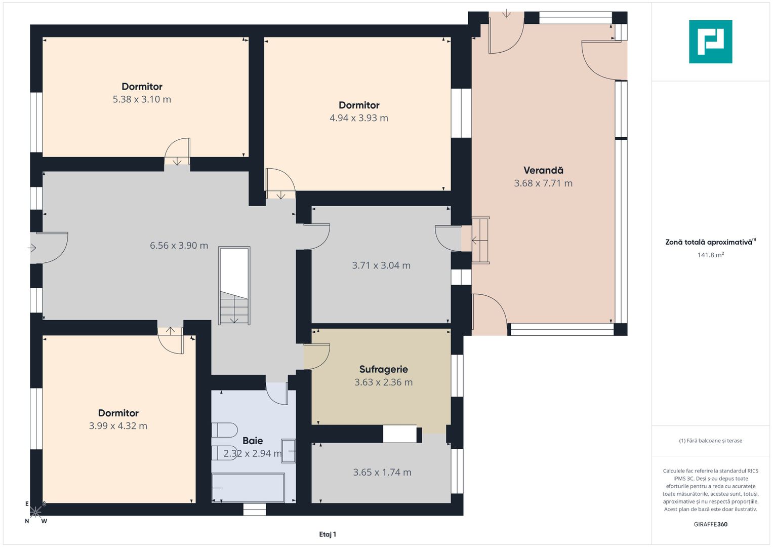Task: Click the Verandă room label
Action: (543, 170)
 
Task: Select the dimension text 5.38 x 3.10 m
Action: (142, 100)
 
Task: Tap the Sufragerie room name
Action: (383, 369)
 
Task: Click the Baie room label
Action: (253, 441)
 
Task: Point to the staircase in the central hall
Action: (234, 286)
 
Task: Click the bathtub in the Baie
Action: (248, 487)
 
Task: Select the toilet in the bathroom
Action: (224, 430)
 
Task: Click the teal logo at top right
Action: (710, 42)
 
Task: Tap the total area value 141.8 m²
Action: (710, 255)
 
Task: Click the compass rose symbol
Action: (35, 512)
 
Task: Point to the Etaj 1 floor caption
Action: (328, 534)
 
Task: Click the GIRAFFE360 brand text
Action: (710, 524)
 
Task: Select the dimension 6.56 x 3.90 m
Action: (179, 246)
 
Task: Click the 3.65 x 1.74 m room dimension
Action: (382, 473)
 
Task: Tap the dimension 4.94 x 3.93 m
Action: (359, 118)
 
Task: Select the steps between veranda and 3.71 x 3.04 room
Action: (481, 240)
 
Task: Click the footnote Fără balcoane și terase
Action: (710, 441)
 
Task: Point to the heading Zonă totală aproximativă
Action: (709, 242)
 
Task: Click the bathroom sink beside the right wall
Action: (289, 451)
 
